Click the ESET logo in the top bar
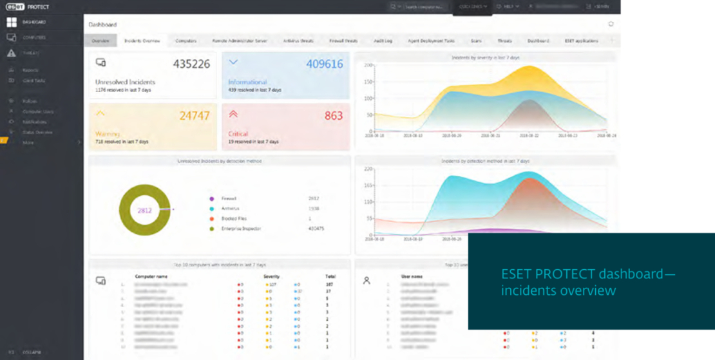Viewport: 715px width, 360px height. pos(15,7)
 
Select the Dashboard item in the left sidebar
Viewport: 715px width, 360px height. pos(33,23)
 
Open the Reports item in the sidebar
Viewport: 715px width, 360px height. pos(30,70)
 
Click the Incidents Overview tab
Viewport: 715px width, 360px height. pos(142,41)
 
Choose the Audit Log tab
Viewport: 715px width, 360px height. pos(383,41)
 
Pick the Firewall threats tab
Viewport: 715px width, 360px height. pos(343,41)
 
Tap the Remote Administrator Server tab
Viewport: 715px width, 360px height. pos(240,41)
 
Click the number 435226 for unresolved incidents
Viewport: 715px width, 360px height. pos(191,64)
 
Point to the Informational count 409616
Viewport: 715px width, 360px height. pos(325,64)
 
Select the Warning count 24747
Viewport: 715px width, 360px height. pos(194,116)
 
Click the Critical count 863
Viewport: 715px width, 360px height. pos(334,116)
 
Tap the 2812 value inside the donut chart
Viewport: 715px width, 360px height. pos(144,211)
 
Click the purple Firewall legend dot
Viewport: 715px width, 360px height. pos(211,199)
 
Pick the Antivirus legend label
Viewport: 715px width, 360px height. pos(230,209)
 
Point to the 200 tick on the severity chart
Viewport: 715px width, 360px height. pos(369,65)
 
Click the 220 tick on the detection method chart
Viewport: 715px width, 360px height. pos(369,169)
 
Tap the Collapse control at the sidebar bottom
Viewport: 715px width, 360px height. pos(32,352)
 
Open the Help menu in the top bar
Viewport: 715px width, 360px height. pos(508,6)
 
